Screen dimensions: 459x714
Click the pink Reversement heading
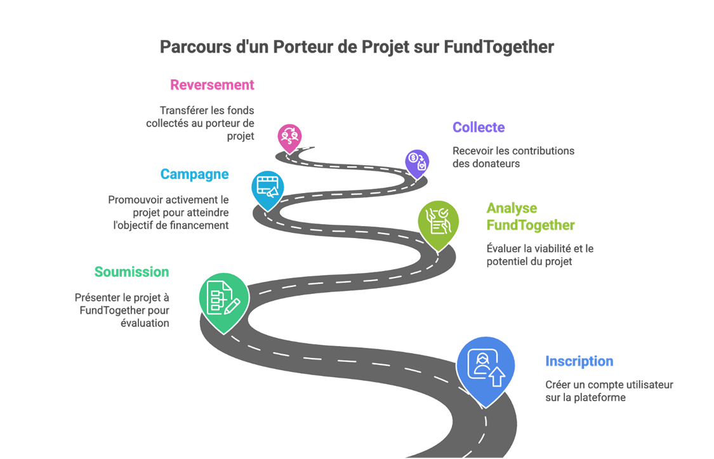pyautogui.click(x=212, y=85)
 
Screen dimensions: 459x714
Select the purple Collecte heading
pyautogui.click(x=479, y=128)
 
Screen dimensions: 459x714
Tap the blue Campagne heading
pyautogui.click(x=194, y=175)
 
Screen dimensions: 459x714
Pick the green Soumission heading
pyautogui.click(x=131, y=272)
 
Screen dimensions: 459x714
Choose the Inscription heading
pyautogui.click(x=579, y=362)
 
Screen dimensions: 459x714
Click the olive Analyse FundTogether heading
pyautogui.click(x=530, y=216)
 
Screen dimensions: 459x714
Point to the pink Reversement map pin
pyautogui.click(x=289, y=136)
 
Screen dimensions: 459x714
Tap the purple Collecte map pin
pyautogui.click(x=417, y=161)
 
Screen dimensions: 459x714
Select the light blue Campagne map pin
pyautogui.click(x=267, y=187)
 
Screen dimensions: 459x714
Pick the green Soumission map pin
pyautogui.click(x=220, y=300)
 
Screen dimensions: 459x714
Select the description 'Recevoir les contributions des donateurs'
pyautogui.click(x=513, y=157)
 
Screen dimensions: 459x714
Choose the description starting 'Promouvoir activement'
pyautogui.click(x=168, y=212)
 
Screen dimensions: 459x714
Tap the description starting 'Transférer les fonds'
pyautogui.click(x=200, y=123)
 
